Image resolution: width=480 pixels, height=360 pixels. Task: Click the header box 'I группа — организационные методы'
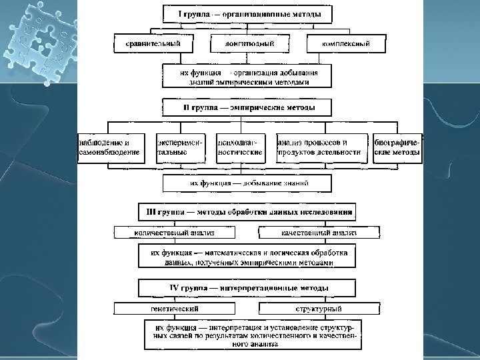[x=248, y=14]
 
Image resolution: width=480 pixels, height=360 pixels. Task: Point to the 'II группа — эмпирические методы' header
[x=249, y=107]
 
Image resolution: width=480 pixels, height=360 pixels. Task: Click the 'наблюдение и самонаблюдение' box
[x=109, y=147]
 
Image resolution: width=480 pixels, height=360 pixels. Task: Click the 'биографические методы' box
[x=397, y=147]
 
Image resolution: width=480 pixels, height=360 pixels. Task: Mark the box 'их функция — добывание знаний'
[x=247, y=183]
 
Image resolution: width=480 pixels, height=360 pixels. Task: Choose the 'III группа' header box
[x=247, y=211]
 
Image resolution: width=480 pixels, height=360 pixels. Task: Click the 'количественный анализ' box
[x=175, y=233]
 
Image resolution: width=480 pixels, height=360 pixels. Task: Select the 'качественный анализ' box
[x=319, y=233]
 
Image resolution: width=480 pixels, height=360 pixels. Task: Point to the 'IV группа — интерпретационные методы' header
[x=247, y=288]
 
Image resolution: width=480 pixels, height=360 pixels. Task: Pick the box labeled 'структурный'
[x=319, y=309]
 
